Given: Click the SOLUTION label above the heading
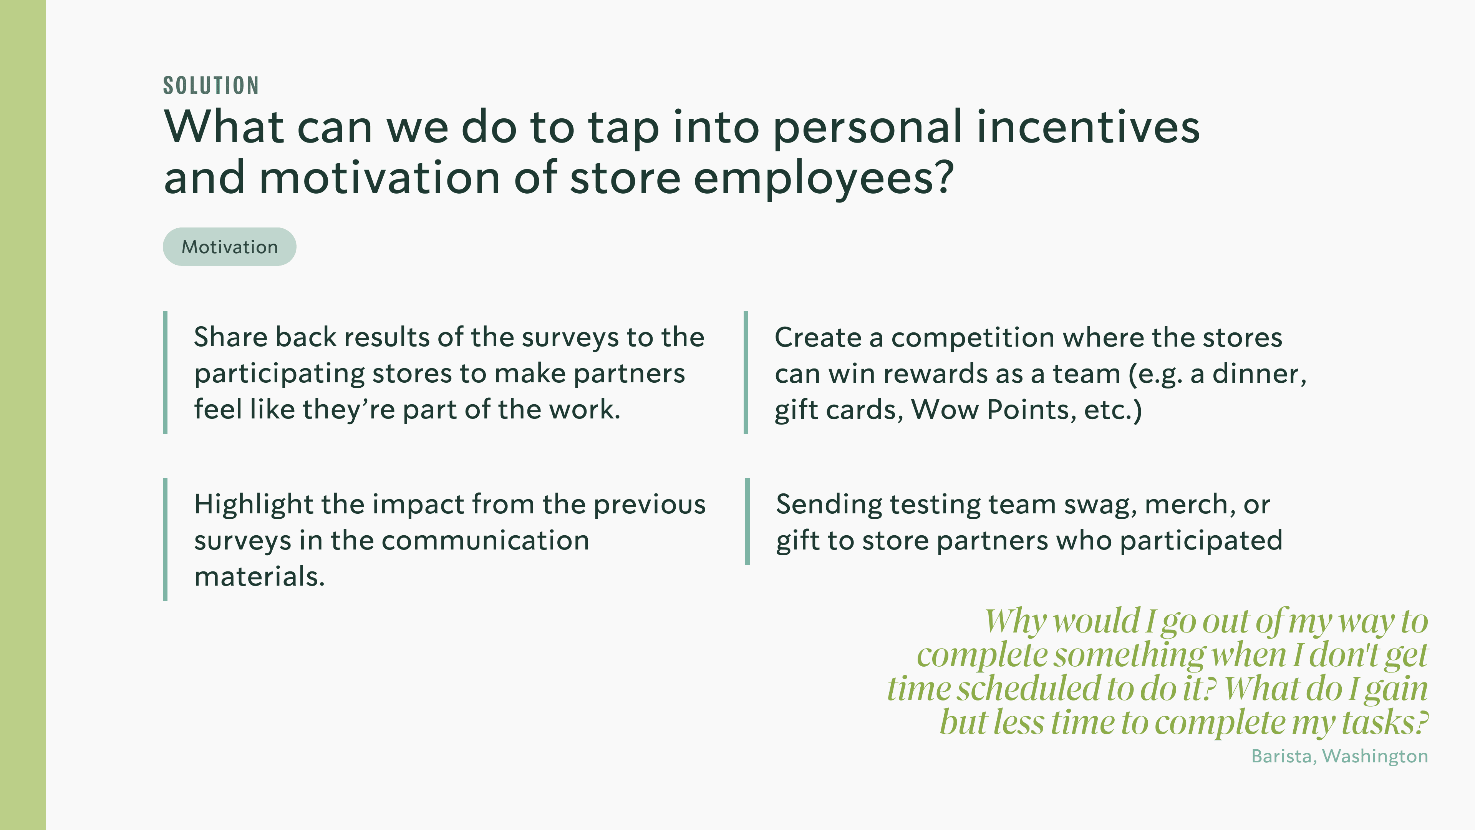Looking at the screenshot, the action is (x=211, y=85).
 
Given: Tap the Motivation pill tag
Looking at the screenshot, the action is (x=230, y=247).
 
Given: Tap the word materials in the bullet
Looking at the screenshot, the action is (x=259, y=576).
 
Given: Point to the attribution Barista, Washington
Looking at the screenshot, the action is (x=1339, y=756).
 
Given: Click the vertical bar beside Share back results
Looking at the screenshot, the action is (x=166, y=372).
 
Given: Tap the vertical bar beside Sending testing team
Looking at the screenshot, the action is (x=747, y=521).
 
